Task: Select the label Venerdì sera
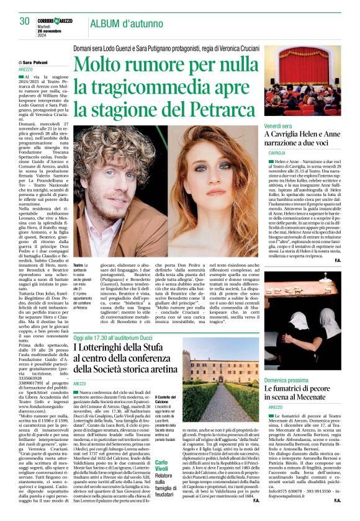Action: [x=278, y=126]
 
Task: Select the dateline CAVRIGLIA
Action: [x=277, y=152]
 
